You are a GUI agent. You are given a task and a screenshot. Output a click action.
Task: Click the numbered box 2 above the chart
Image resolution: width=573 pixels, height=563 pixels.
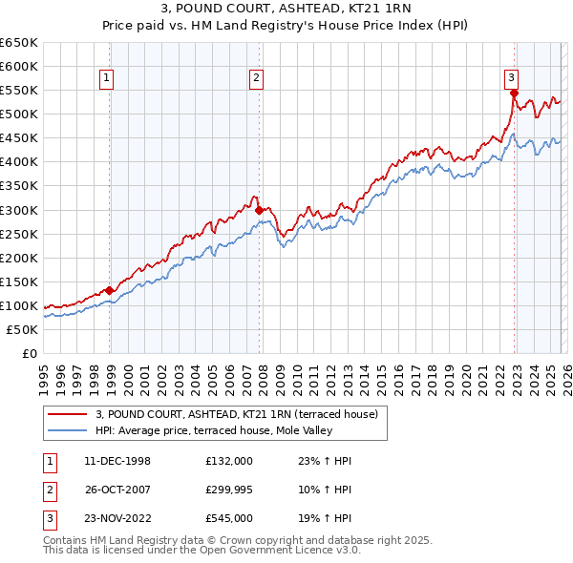[258, 78]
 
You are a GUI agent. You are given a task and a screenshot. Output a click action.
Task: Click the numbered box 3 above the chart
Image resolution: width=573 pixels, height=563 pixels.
[511, 78]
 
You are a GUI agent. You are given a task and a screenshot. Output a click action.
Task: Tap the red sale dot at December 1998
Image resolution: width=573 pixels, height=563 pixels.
[110, 290]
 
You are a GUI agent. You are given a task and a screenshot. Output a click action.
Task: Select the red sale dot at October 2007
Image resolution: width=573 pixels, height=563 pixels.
[260, 209]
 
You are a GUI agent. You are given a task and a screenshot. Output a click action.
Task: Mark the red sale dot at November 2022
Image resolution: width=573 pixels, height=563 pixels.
[514, 93]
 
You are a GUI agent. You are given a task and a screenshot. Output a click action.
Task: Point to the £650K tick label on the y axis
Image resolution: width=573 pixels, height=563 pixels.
[19, 43]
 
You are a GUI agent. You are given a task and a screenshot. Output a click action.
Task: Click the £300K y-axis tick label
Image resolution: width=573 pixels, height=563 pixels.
[19, 210]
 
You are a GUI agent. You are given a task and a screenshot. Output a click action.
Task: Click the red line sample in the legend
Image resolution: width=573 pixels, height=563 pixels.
[69, 414]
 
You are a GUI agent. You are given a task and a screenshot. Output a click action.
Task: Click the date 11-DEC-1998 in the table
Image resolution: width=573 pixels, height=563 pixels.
[117, 461]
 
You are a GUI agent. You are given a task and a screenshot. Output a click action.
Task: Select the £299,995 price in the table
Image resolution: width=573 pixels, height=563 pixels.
[229, 490]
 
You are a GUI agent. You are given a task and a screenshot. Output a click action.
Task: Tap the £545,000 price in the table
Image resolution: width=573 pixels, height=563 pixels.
[229, 518]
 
